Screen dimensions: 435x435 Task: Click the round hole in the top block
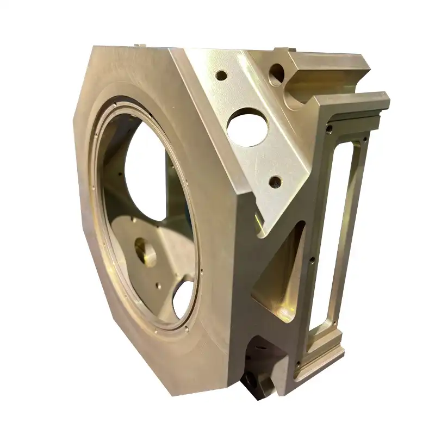click(277, 71)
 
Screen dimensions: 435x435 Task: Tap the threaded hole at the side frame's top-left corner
click(328, 129)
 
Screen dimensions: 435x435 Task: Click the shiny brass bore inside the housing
click(144, 253)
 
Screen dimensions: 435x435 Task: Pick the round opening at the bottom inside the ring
click(184, 300)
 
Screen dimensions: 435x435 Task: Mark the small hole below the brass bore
click(157, 283)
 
